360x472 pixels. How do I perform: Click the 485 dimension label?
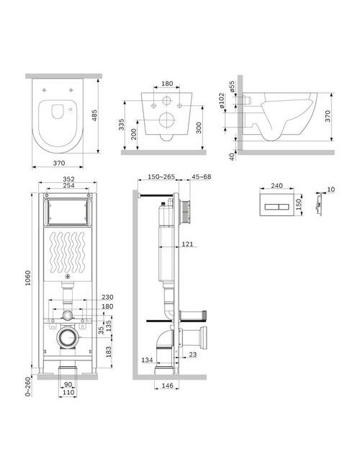click(95, 115)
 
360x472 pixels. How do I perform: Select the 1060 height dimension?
click(27, 278)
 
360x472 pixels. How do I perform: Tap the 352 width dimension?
click(68, 179)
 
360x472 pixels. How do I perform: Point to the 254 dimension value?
click(68, 185)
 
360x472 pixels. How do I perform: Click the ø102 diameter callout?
click(221, 101)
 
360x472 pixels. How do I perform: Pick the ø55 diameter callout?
click(231, 86)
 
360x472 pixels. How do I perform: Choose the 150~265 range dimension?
click(161, 177)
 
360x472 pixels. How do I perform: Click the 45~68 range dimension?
click(201, 177)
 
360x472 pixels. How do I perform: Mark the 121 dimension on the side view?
click(187, 244)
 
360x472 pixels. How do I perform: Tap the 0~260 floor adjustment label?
click(28, 386)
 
